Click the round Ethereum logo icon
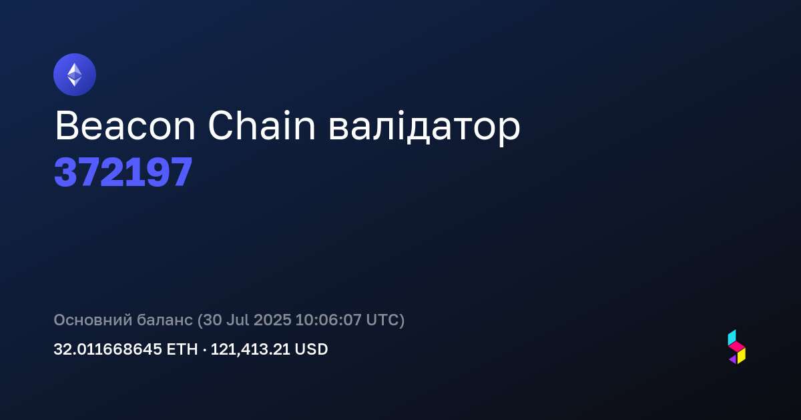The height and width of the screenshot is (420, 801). point(75,75)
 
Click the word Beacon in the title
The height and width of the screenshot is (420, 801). point(125,126)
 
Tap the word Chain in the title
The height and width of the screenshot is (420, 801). point(262,125)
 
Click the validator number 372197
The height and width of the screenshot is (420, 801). point(123,172)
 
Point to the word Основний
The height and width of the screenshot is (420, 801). point(93,319)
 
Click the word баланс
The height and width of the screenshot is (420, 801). point(165,319)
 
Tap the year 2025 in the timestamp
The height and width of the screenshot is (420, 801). point(272,319)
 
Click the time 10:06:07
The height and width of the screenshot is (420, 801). point(328,319)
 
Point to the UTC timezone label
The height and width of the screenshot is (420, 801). point(382,319)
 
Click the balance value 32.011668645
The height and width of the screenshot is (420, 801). point(107,349)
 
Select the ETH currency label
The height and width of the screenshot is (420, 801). point(182,349)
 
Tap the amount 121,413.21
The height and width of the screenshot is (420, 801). point(250,349)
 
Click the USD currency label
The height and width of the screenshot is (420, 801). point(311,349)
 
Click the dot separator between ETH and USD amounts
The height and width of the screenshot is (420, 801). point(204,350)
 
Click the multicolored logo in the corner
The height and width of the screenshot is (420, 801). point(737,347)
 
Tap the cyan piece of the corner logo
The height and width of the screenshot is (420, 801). point(732,337)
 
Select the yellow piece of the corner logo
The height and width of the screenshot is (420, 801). point(742,356)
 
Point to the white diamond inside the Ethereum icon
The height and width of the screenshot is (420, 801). point(75,75)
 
